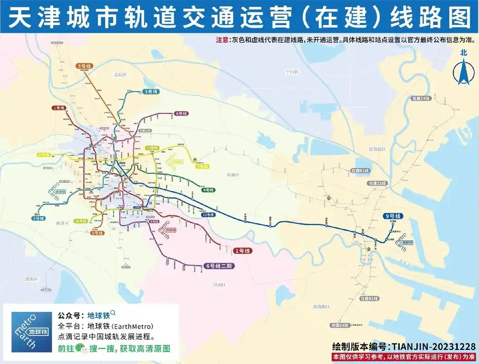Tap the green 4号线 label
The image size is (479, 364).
(208, 190)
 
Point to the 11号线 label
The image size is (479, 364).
(208, 214)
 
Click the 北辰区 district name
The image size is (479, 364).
(120, 74)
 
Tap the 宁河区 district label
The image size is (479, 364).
(291, 72)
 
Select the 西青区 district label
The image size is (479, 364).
(62, 223)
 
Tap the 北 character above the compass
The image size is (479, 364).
(463, 52)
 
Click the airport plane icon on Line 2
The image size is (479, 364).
(195, 159)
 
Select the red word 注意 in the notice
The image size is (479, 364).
(222, 40)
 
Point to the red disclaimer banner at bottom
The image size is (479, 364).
(404, 356)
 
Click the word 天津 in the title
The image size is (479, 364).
(26, 17)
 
